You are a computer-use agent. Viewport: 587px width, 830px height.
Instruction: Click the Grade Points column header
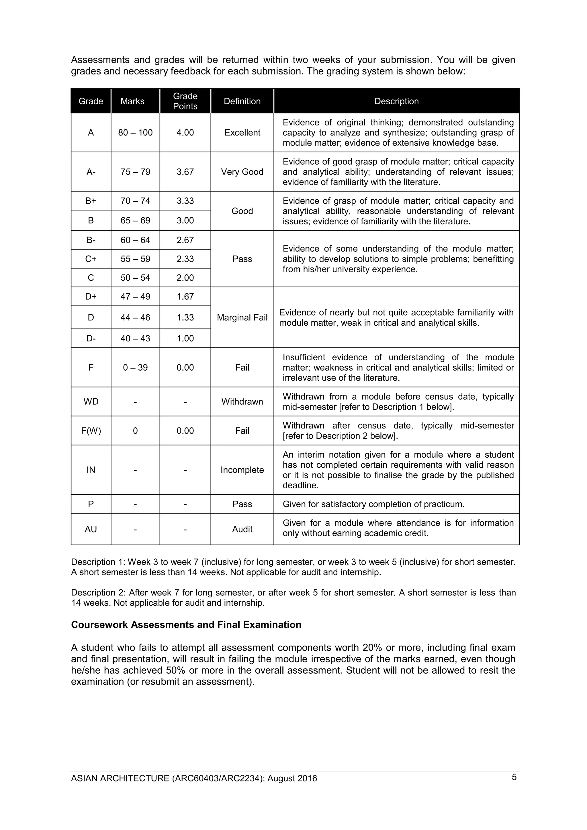(x=185, y=101)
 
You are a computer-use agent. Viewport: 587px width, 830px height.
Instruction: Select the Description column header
(x=396, y=101)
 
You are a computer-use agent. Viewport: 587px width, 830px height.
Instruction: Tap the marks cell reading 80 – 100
(x=135, y=133)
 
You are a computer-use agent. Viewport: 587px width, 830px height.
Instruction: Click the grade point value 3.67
(x=185, y=172)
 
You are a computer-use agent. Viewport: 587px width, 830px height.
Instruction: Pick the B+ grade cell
(x=91, y=201)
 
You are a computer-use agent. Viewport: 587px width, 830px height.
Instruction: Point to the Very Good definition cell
(x=242, y=172)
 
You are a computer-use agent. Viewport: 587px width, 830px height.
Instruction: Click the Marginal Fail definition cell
(x=242, y=317)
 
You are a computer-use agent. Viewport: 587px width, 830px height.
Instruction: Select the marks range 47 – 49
(x=135, y=297)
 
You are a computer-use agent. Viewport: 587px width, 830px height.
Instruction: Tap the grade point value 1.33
(x=185, y=317)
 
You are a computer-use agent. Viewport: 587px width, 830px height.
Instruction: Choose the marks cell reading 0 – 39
(x=135, y=368)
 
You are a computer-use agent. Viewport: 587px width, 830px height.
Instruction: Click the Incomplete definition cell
(x=242, y=470)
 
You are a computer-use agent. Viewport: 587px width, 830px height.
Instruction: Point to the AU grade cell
(x=91, y=529)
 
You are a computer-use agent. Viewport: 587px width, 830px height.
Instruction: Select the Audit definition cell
(x=242, y=529)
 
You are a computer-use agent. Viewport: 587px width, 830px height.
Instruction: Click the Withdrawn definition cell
(x=242, y=402)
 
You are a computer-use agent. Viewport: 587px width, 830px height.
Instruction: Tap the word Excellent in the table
(x=242, y=133)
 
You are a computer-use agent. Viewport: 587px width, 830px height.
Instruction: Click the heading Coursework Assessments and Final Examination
(x=186, y=625)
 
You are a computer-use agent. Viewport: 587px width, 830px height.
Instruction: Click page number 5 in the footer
(x=514, y=777)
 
